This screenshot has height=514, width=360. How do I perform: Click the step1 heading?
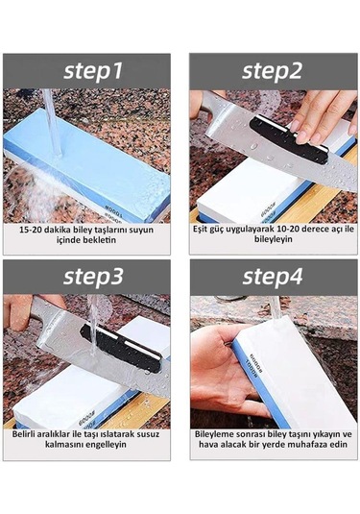(x=93, y=71)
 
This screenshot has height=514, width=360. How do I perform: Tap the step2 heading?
(x=272, y=71)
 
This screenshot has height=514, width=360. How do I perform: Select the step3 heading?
(x=93, y=276)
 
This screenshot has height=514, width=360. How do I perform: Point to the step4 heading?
(x=273, y=276)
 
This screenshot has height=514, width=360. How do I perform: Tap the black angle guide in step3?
(x=121, y=348)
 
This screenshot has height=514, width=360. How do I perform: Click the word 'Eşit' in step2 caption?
(x=200, y=229)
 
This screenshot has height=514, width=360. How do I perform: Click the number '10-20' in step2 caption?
(x=288, y=229)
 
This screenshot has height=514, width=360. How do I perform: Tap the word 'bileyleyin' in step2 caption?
(x=274, y=239)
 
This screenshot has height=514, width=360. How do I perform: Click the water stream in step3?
(x=94, y=326)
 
